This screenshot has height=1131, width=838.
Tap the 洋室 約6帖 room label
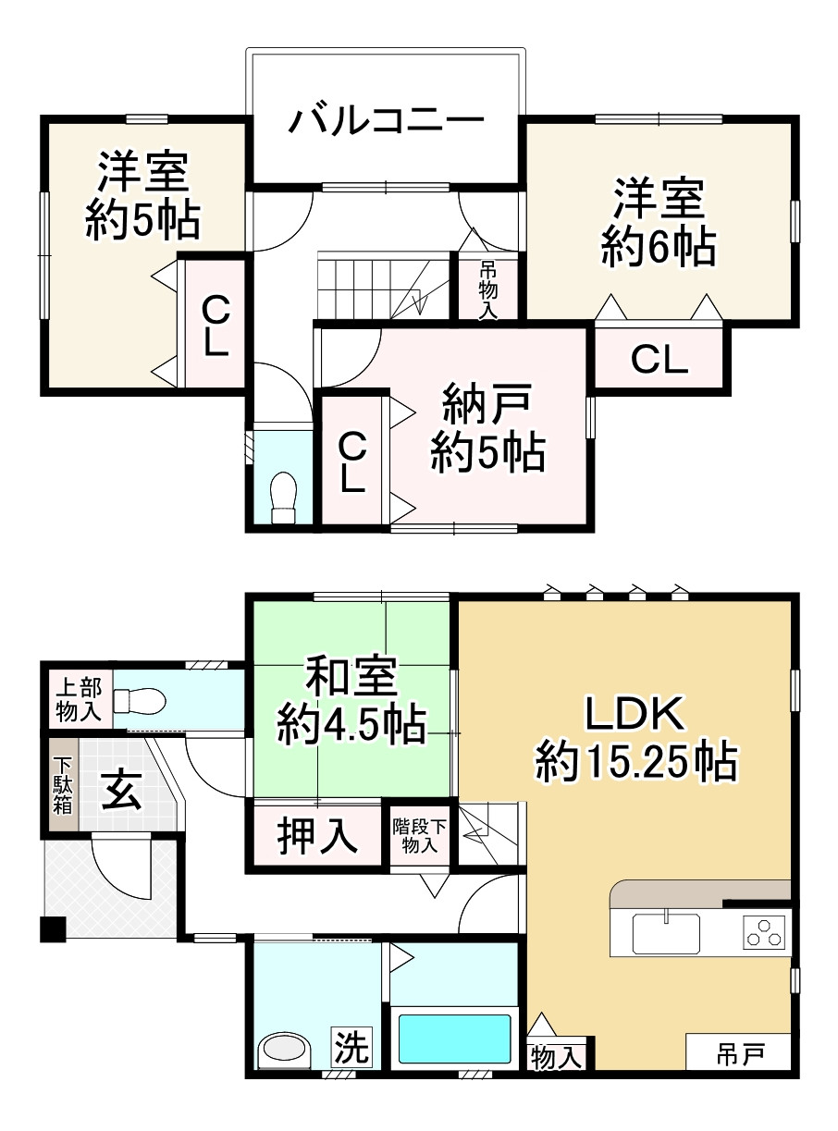[x=658, y=222]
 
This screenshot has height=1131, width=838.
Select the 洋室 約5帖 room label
[x=143, y=196]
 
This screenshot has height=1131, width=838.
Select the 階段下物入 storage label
[x=420, y=834]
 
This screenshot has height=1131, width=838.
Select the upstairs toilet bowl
[x=283, y=498]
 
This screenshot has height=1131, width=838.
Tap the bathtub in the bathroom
[x=454, y=1039]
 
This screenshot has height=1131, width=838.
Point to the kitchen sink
[x=666, y=932]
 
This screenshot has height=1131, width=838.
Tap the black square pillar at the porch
[x=54, y=929]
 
